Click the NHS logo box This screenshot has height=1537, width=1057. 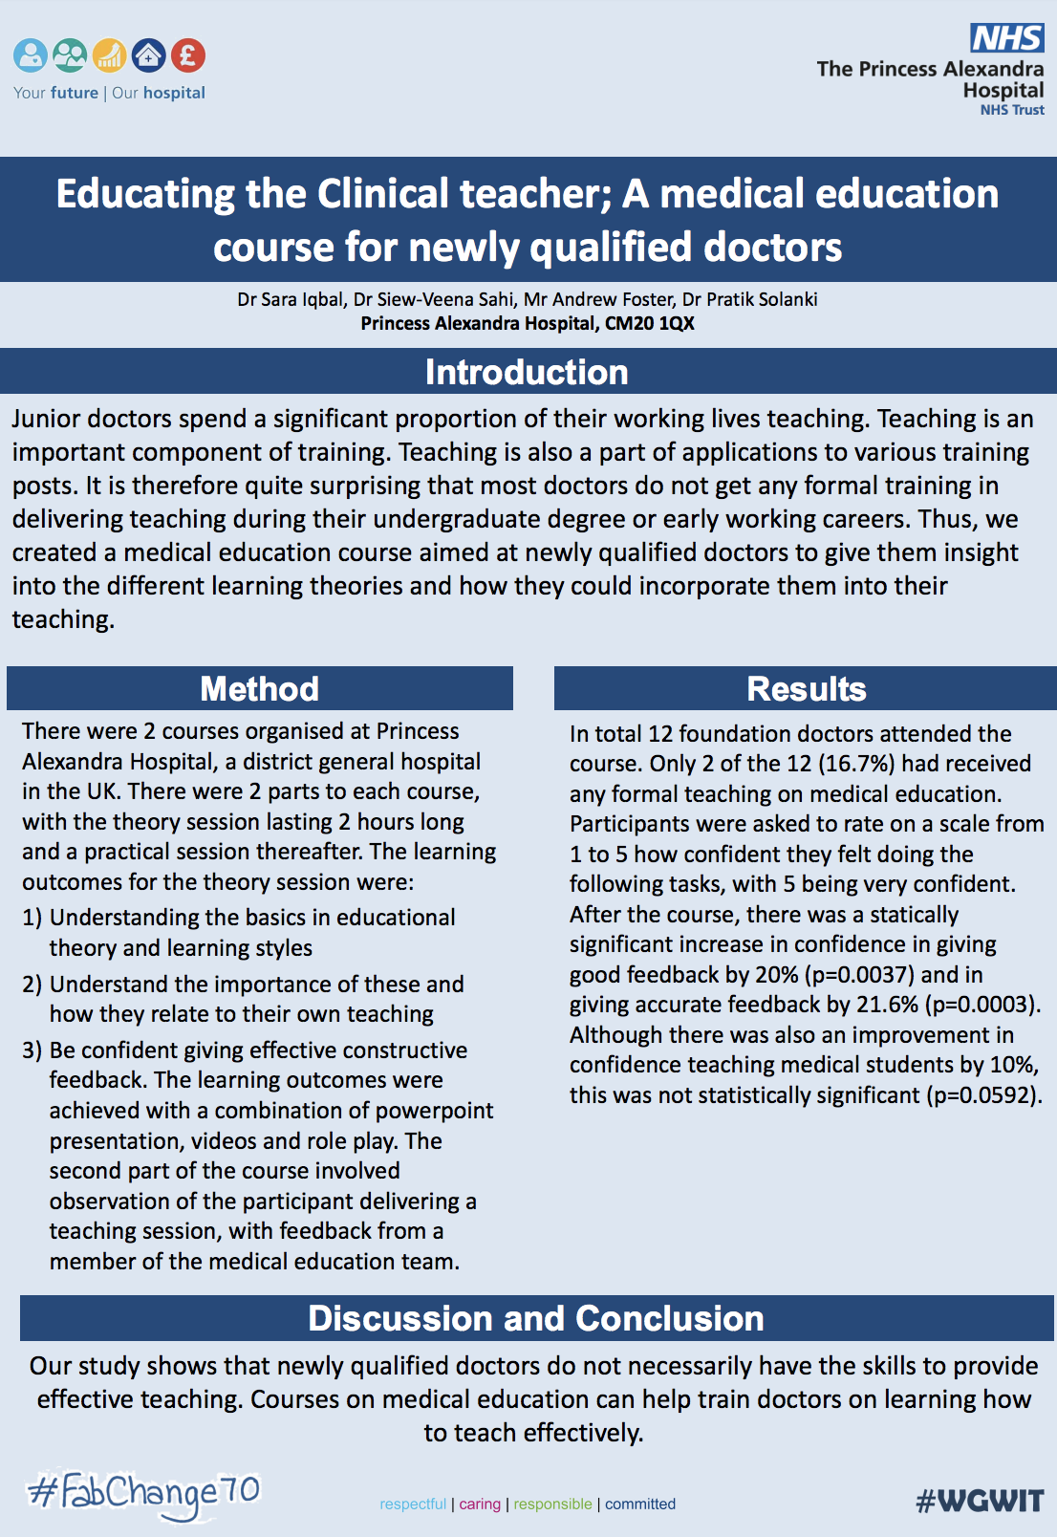point(1007,38)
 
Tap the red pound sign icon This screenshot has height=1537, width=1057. point(188,55)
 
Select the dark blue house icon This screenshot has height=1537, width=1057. point(148,55)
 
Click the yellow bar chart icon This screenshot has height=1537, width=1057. point(110,55)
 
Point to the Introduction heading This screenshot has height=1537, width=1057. point(527,372)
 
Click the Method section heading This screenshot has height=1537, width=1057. point(259,688)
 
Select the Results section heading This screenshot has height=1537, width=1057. point(806,688)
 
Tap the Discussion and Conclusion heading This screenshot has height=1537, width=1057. point(535,1318)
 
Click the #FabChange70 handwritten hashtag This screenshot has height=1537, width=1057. point(143,1493)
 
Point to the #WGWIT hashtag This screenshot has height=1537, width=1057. point(979,1501)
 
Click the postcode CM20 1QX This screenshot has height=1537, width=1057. point(650,323)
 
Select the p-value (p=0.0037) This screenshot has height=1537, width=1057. point(859,974)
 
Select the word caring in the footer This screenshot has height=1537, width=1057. point(480,1504)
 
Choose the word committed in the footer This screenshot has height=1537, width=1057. point(640,1504)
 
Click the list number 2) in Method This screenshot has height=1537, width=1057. point(32,984)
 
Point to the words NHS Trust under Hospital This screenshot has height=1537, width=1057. point(1012,110)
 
